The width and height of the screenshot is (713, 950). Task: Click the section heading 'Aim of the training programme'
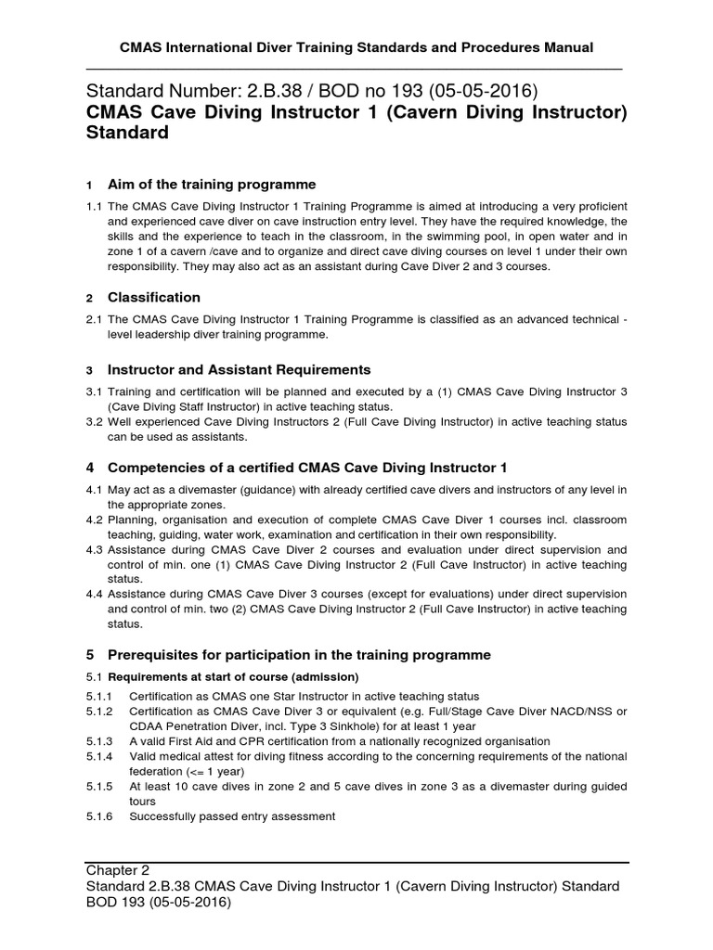point(212,185)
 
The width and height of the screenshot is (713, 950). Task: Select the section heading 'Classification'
point(154,298)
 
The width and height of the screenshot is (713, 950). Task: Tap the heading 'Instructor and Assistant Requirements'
point(240,369)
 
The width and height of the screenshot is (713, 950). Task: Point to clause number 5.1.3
point(99,741)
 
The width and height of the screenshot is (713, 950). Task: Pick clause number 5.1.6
point(99,816)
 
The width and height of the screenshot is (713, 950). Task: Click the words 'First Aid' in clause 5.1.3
point(200,741)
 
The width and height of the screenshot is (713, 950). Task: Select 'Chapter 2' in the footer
point(118,870)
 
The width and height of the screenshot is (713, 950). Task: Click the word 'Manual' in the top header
point(568,46)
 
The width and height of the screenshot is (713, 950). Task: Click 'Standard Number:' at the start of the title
point(165,92)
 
